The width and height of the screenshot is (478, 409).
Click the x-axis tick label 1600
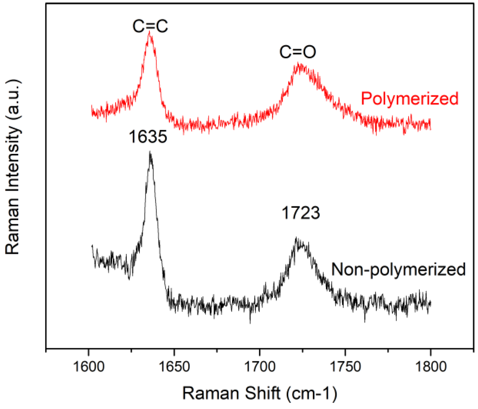coord(89,367)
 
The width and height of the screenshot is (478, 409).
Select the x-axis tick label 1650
coord(174,367)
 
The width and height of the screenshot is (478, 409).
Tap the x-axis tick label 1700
coord(260,367)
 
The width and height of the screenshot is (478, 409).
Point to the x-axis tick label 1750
coord(345,367)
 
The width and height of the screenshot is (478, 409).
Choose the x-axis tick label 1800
coord(431,367)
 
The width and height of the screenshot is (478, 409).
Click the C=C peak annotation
coord(150,26)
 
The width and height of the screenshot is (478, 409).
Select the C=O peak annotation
coord(298,52)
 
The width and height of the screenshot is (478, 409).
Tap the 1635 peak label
coord(148,136)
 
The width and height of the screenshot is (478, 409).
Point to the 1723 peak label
coord(301,213)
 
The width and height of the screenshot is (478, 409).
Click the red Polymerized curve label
coord(410,98)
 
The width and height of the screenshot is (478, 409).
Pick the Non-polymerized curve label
coord(398,270)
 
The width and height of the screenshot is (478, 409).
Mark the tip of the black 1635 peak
coord(150,152)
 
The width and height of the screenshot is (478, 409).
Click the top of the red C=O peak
coord(298,63)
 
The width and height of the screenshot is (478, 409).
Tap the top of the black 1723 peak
coord(296,238)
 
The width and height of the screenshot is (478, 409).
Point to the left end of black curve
coord(92,246)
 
